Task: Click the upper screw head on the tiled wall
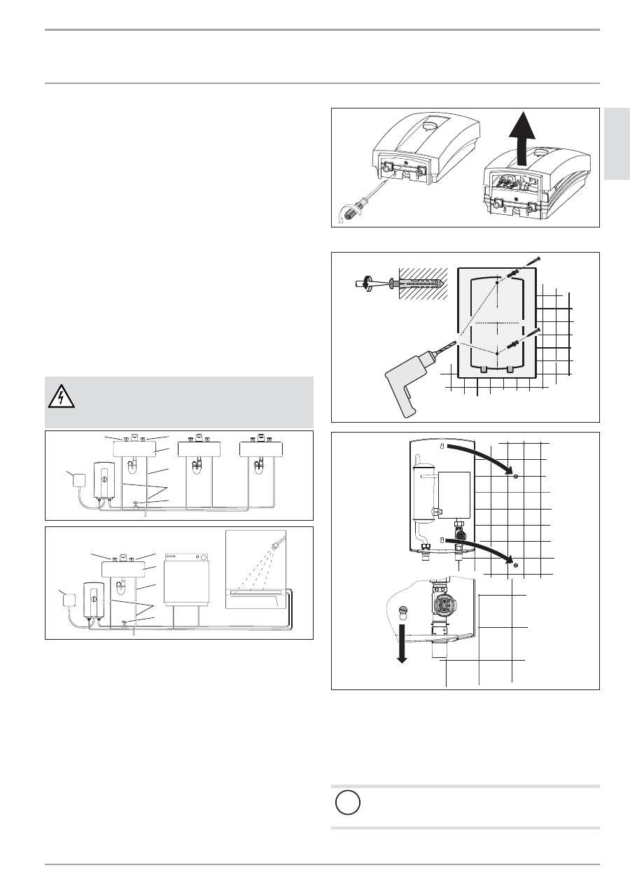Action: tap(515, 476)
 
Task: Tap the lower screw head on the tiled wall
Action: tap(515, 565)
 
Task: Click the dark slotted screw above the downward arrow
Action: tap(402, 610)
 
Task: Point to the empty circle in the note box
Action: tap(348, 803)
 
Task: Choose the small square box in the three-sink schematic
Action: tap(75, 479)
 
